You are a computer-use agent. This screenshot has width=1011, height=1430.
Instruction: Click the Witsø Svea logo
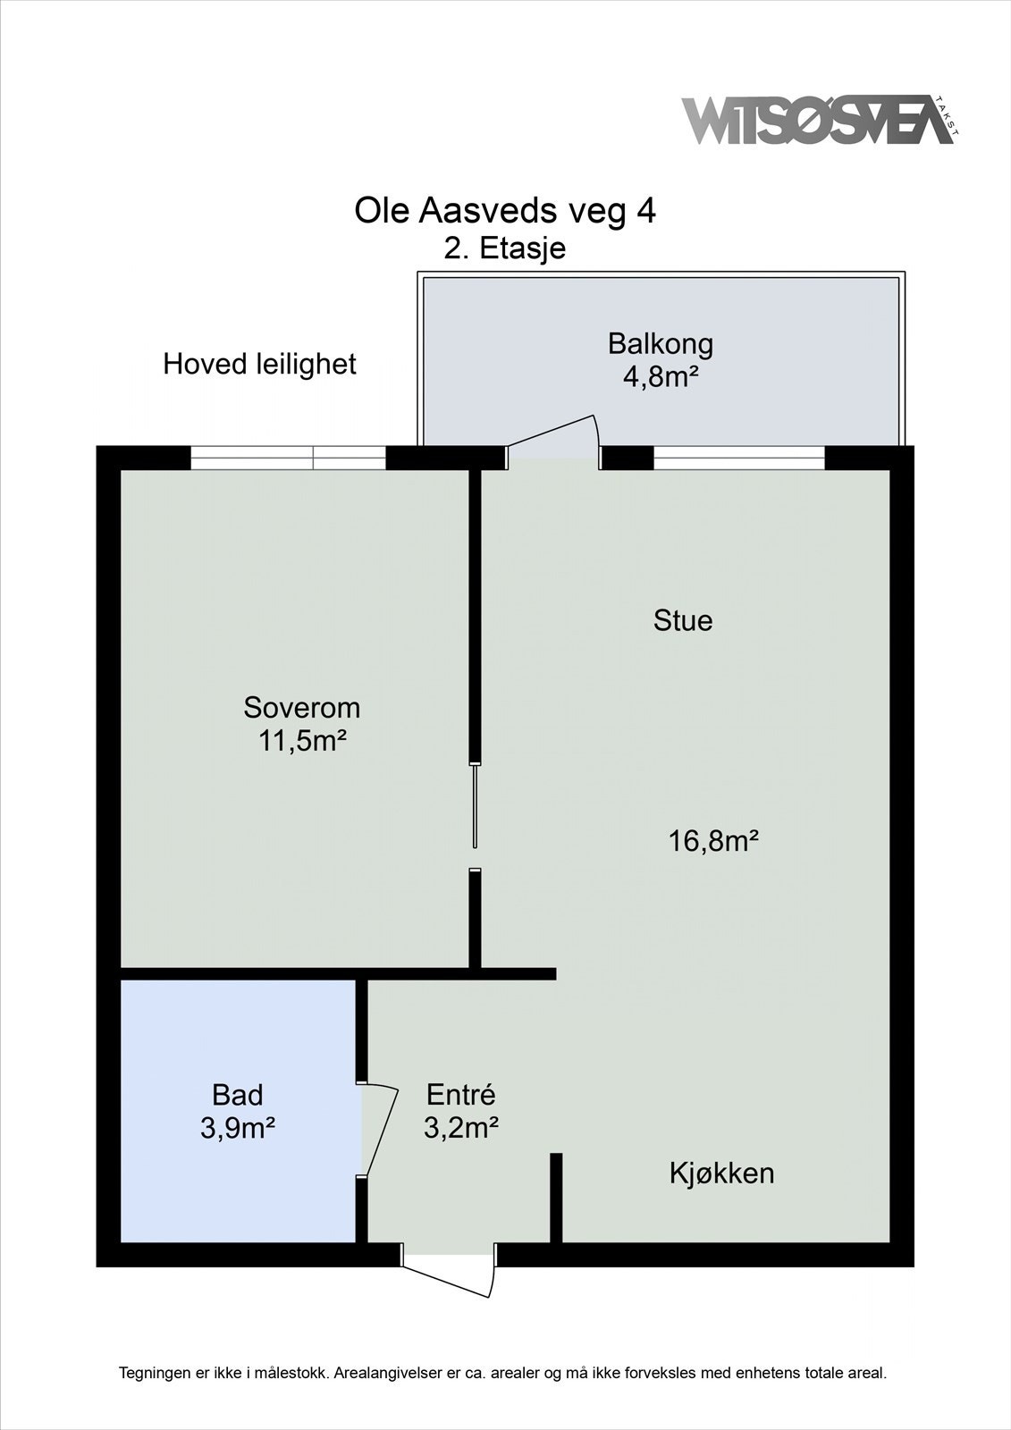pyautogui.click(x=819, y=120)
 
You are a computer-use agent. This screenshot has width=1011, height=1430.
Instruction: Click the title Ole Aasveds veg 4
pyautogui.click(x=505, y=212)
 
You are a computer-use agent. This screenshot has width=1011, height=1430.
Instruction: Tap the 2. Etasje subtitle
pyautogui.click(x=505, y=248)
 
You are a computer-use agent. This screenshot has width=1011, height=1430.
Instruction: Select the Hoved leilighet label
pyautogui.click(x=259, y=365)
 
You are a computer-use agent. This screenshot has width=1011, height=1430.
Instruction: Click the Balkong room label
pyautogui.click(x=660, y=343)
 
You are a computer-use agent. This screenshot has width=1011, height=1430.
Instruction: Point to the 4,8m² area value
pyautogui.click(x=660, y=376)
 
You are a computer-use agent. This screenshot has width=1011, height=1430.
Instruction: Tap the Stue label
pyautogui.click(x=683, y=620)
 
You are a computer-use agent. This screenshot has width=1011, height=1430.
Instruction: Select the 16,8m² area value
pyautogui.click(x=713, y=841)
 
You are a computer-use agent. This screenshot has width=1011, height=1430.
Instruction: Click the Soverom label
pyautogui.click(x=302, y=708)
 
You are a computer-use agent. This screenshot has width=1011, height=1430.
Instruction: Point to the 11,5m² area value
pyautogui.click(x=302, y=741)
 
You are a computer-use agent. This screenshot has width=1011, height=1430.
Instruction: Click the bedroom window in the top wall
pyautogui.click(x=288, y=458)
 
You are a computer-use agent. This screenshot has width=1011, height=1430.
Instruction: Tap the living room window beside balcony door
pyautogui.click(x=738, y=458)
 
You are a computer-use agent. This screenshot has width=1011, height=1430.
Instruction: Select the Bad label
pyautogui.click(x=237, y=1095)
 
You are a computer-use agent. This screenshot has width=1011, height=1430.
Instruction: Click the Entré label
pyautogui.click(x=460, y=1095)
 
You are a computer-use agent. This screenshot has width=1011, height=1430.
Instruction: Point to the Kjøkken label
pyautogui.click(x=721, y=1173)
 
